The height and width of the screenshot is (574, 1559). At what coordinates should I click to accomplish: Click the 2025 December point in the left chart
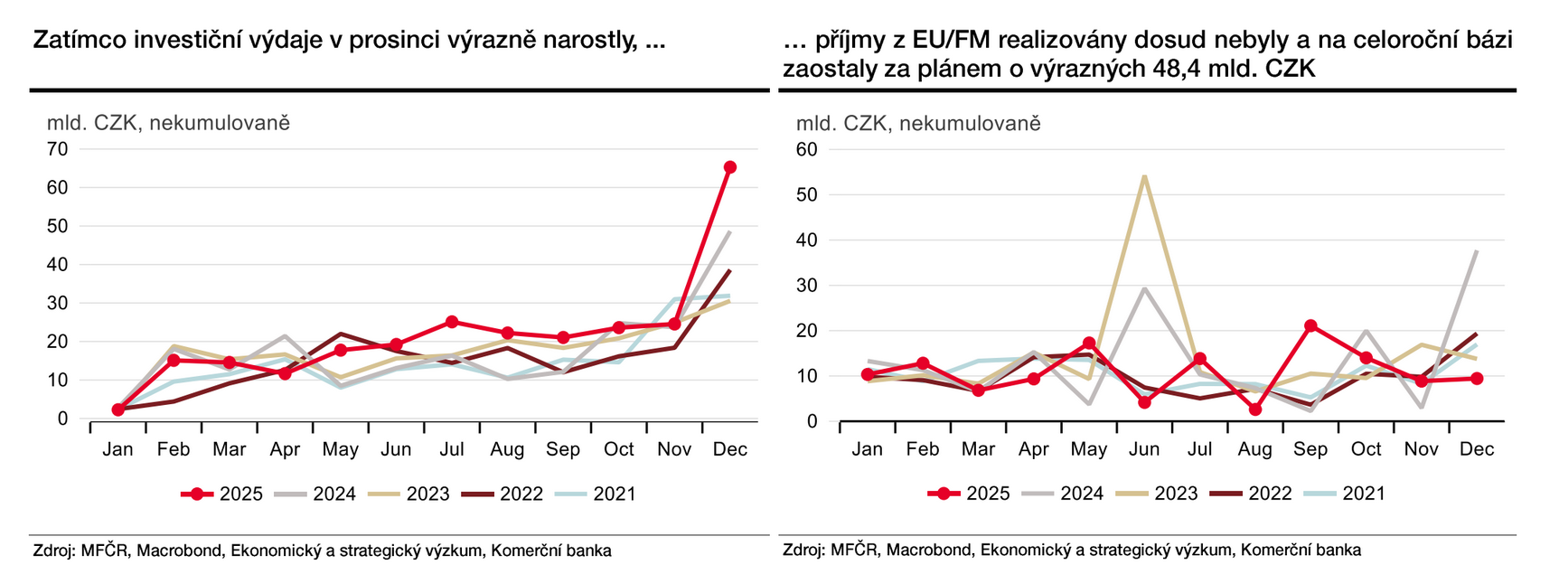(x=730, y=167)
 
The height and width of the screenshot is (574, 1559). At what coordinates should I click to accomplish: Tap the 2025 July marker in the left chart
(x=452, y=322)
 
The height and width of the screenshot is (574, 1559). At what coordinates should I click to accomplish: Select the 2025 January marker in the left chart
(x=117, y=409)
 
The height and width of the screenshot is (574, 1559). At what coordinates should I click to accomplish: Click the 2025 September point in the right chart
(x=1310, y=325)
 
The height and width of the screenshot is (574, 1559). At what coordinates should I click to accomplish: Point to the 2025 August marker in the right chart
(x=1255, y=409)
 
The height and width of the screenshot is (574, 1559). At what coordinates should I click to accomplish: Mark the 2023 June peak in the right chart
(x=1144, y=175)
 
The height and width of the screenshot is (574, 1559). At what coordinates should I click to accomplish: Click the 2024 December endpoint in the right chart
(x=1477, y=250)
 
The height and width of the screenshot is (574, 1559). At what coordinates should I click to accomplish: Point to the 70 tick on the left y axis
(x=57, y=149)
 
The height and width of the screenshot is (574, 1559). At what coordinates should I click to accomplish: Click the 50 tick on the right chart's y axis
(x=806, y=194)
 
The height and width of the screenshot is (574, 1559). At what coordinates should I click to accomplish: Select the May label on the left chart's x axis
(x=341, y=449)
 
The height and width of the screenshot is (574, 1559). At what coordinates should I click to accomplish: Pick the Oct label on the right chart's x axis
(x=1366, y=449)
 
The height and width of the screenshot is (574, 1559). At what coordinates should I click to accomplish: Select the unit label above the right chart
(x=918, y=123)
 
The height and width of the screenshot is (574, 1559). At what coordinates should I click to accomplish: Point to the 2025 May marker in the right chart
(x=1089, y=343)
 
